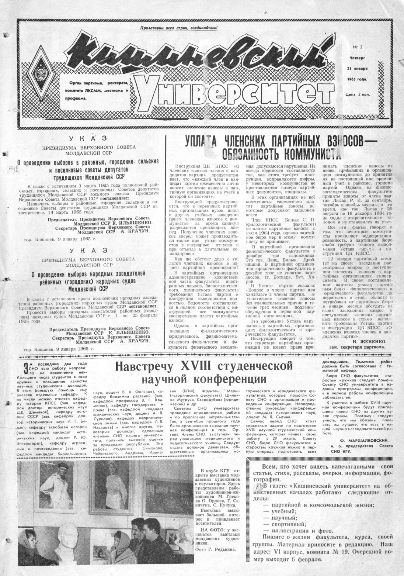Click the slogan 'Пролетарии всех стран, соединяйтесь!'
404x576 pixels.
[x=180, y=28]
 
